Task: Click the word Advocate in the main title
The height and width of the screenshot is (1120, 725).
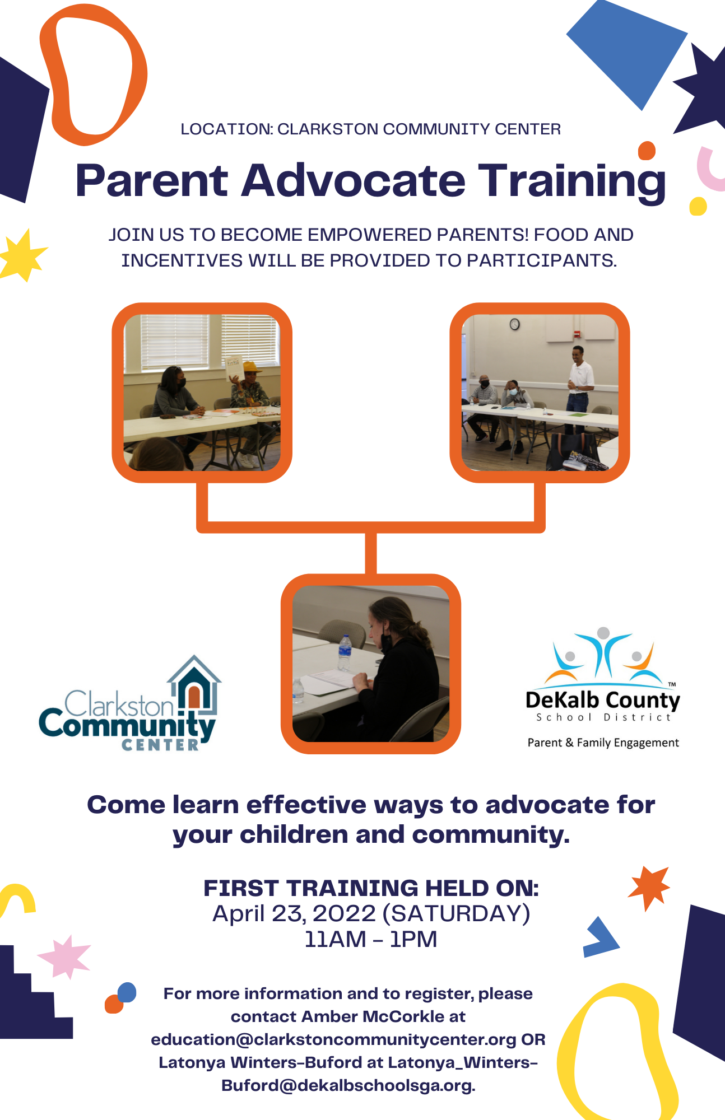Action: [x=354, y=181]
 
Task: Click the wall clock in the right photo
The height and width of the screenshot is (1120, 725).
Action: [x=514, y=324]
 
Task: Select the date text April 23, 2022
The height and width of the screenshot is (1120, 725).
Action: [x=294, y=913]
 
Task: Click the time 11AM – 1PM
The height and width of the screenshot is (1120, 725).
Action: [x=370, y=939]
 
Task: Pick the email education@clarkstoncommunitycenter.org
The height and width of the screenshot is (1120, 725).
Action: [x=333, y=1039]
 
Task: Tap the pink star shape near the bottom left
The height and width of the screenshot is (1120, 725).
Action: [x=64, y=956]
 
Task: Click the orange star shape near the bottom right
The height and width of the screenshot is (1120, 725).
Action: [x=649, y=887]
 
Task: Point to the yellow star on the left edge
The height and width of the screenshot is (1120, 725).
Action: [x=22, y=255]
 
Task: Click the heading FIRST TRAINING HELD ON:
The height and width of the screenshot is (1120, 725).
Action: [x=371, y=888]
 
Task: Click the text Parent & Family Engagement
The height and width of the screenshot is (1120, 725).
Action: [x=603, y=743]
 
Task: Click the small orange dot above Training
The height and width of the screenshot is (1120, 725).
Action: [x=647, y=151]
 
